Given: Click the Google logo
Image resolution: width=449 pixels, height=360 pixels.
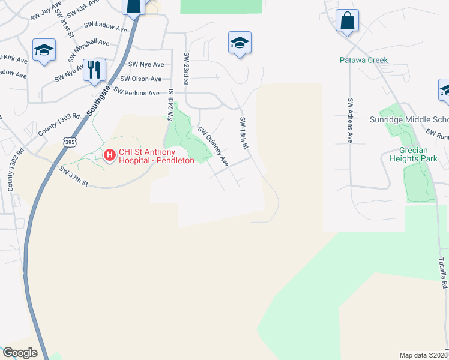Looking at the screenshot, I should coord(20,353).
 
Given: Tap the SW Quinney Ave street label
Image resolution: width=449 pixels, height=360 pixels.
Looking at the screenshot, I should coord(214,146).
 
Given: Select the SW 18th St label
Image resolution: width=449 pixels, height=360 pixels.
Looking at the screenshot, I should coord(244,131).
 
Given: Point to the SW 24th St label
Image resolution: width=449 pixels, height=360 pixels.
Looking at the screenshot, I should coord(170,105).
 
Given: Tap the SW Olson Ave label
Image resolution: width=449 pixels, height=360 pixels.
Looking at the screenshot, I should coord(141,79).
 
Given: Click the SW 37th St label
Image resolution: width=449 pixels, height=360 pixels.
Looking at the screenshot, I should coord(74,176).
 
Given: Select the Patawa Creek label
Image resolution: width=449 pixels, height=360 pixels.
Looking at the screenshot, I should coord(364,60).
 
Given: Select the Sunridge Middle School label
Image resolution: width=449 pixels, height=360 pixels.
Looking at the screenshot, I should coord(414,119).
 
